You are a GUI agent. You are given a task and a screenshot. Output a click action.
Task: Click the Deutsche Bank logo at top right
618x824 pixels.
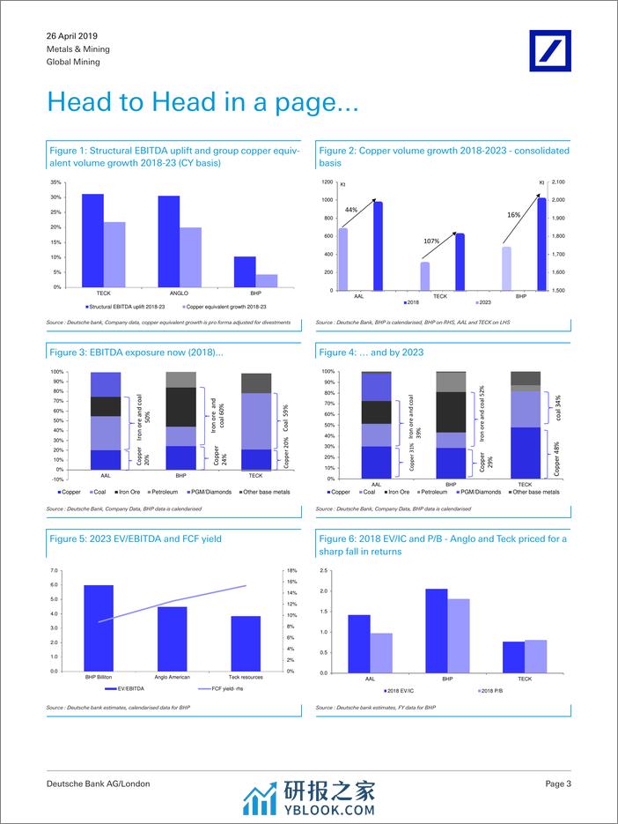pyautogui.click(x=549, y=52)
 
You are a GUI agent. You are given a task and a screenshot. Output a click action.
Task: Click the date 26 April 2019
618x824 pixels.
pyautogui.click(x=72, y=36)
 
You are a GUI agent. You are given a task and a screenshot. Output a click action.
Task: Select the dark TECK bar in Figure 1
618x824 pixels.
pyautogui.click(x=92, y=240)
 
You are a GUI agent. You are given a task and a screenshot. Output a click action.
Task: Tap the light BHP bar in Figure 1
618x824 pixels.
pyautogui.click(x=267, y=280)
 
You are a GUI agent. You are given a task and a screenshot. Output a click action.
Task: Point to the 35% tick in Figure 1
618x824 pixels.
pyautogui.click(x=56, y=182)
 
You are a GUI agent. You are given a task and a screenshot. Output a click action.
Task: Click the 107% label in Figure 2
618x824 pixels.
pyautogui.click(x=430, y=241)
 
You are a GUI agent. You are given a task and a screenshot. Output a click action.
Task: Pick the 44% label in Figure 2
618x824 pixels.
pyautogui.click(x=350, y=210)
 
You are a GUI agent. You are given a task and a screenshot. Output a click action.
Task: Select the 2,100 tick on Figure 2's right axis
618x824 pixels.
pyautogui.click(x=558, y=182)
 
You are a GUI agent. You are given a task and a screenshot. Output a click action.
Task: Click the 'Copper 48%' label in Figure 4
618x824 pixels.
pyautogui.click(x=557, y=453)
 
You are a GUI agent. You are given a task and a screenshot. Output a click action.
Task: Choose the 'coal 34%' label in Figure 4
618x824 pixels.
pyautogui.click(x=557, y=407)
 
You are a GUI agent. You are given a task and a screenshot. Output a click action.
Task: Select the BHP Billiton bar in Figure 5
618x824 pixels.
pyautogui.click(x=99, y=627)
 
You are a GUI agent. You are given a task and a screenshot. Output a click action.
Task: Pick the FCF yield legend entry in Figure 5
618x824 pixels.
pyautogui.click(x=215, y=689)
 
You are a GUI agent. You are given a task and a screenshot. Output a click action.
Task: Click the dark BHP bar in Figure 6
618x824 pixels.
pyautogui.click(x=437, y=631)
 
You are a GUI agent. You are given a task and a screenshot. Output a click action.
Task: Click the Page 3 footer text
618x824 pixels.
pyautogui.click(x=558, y=783)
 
